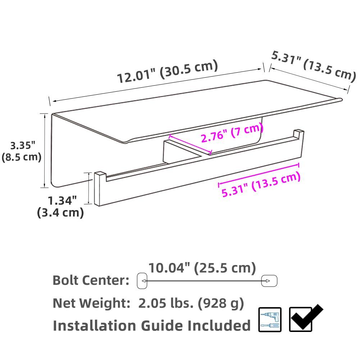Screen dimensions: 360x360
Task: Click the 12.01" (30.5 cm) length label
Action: point(168,72)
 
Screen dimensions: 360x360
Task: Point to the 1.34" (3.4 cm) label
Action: point(61,206)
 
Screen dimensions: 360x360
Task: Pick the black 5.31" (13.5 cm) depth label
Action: point(313,64)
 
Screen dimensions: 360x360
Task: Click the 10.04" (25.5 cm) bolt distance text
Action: point(202,268)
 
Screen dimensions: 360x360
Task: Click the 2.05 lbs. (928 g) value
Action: point(191,303)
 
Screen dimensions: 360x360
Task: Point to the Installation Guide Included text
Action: point(151,325)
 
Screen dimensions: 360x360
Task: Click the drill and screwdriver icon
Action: point(270,319)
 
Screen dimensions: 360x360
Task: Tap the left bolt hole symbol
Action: point(142,281)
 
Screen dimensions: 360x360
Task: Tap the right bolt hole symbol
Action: point(269,281)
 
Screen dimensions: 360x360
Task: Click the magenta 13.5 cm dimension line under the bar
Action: point(259,175)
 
